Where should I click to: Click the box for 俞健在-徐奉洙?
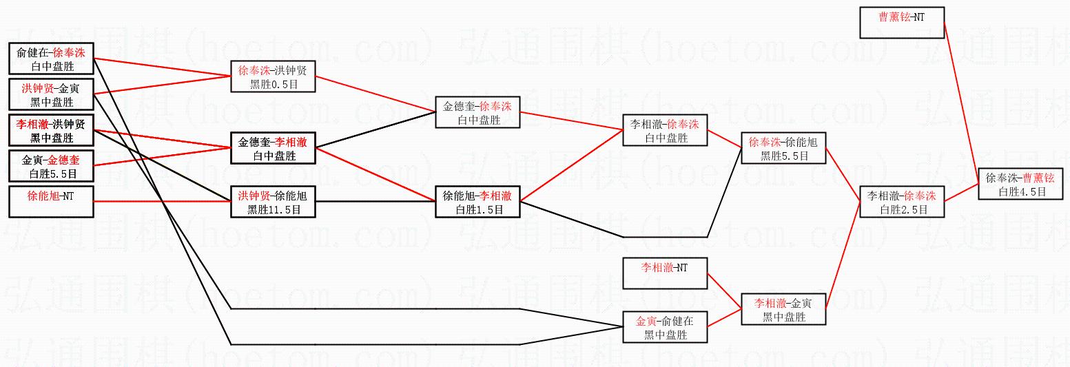(x=51, y=59)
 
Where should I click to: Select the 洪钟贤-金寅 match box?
(x=51, y=95)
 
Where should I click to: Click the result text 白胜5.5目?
(x=51, y=174)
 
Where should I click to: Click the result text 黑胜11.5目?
(x=274, y=209)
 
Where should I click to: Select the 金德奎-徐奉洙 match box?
(x=477, y=112)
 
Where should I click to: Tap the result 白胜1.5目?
(x=477, y=209)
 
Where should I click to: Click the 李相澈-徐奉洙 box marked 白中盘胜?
(x=665, y=130)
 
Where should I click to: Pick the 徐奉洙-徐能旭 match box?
(x=783, y=149)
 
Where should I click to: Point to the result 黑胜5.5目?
(x=783, y=156)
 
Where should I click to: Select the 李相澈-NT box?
(x=665, y=273)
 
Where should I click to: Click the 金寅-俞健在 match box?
(x=665, y=327)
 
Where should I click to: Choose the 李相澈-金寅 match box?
(x=783, y=309)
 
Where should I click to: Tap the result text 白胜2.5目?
(x=902, y=209)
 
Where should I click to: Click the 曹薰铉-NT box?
(x=902, y=23)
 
